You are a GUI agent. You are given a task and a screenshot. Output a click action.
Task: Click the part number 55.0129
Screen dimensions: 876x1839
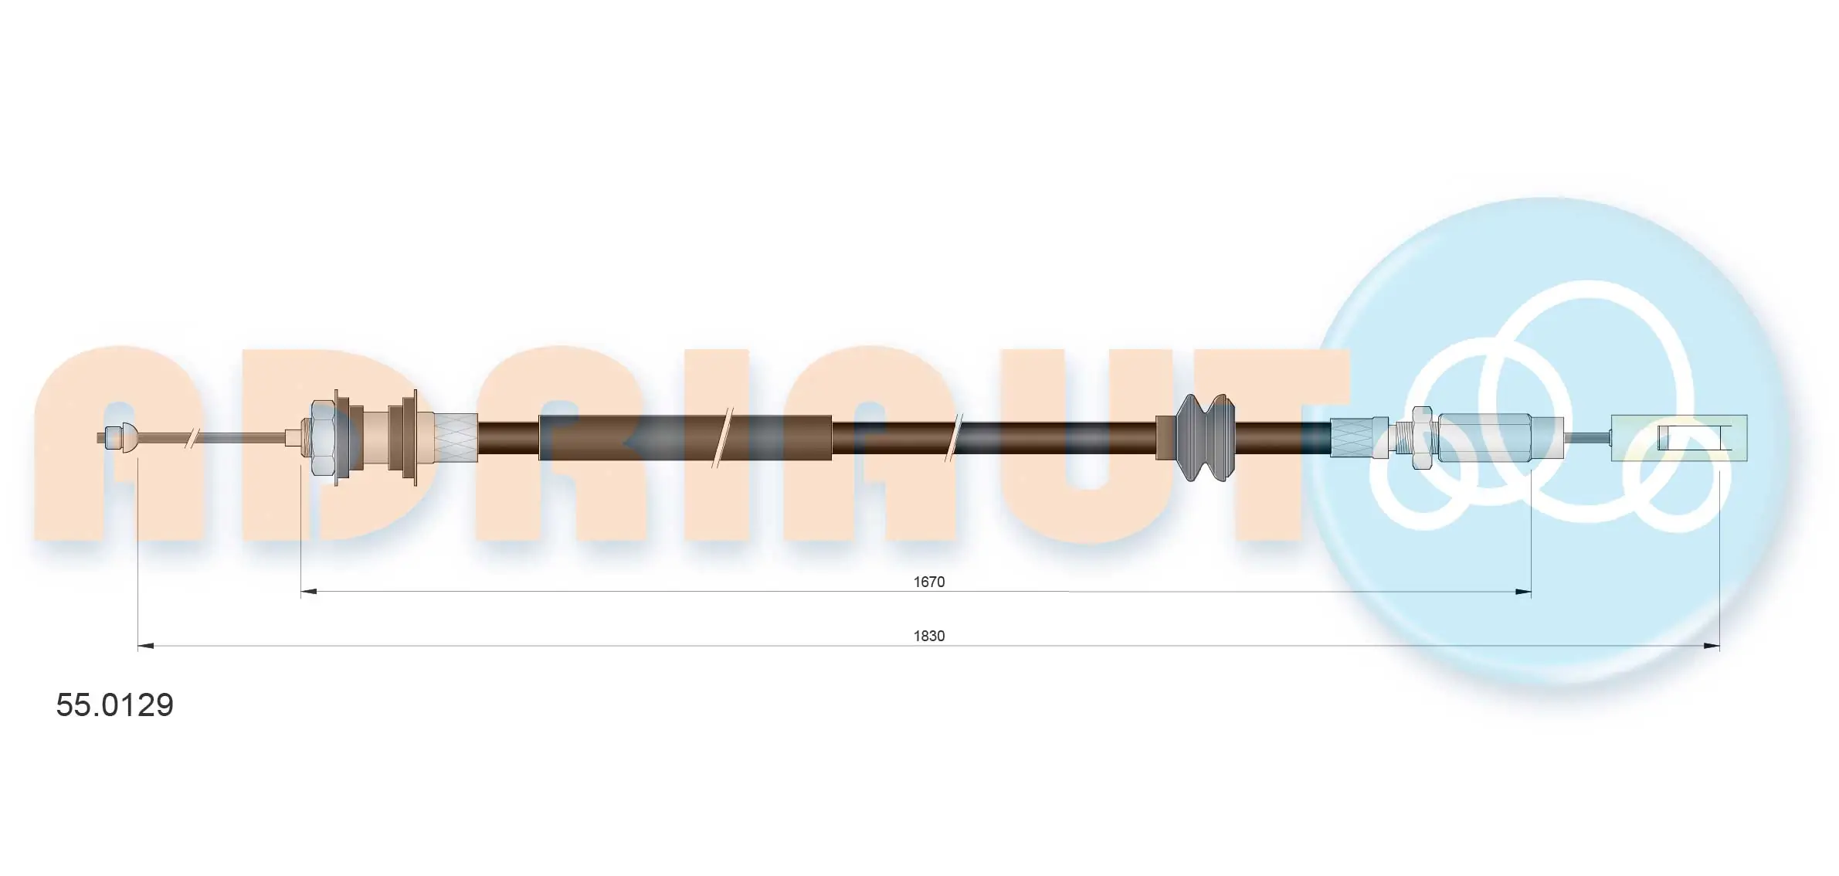114,705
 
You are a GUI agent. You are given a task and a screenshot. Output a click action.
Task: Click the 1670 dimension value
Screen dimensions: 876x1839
928,582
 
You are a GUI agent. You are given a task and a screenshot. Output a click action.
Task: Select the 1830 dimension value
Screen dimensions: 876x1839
928,636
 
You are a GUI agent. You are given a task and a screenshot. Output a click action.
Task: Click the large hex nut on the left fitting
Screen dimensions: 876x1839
322,438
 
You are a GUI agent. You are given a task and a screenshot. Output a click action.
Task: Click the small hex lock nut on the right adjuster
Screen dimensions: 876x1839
1422,438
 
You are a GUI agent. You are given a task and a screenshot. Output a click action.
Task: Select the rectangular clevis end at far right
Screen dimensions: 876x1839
1678,438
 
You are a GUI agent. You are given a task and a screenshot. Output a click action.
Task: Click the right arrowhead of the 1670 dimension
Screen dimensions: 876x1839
1523,592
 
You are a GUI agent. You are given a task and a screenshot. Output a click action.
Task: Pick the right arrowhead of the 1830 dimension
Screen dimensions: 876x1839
1712,646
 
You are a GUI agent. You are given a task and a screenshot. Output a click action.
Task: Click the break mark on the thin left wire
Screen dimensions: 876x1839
188,439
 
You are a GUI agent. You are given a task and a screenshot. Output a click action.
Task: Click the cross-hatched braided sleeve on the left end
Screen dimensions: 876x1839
455,438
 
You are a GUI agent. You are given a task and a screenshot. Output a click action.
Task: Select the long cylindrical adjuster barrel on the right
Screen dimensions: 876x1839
1498,438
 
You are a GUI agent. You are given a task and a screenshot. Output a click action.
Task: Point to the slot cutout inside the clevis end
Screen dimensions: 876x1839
1695,438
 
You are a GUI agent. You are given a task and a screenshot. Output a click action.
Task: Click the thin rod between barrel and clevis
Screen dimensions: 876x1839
1587,438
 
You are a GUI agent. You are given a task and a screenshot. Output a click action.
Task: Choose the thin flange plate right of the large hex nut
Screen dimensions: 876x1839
338,438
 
